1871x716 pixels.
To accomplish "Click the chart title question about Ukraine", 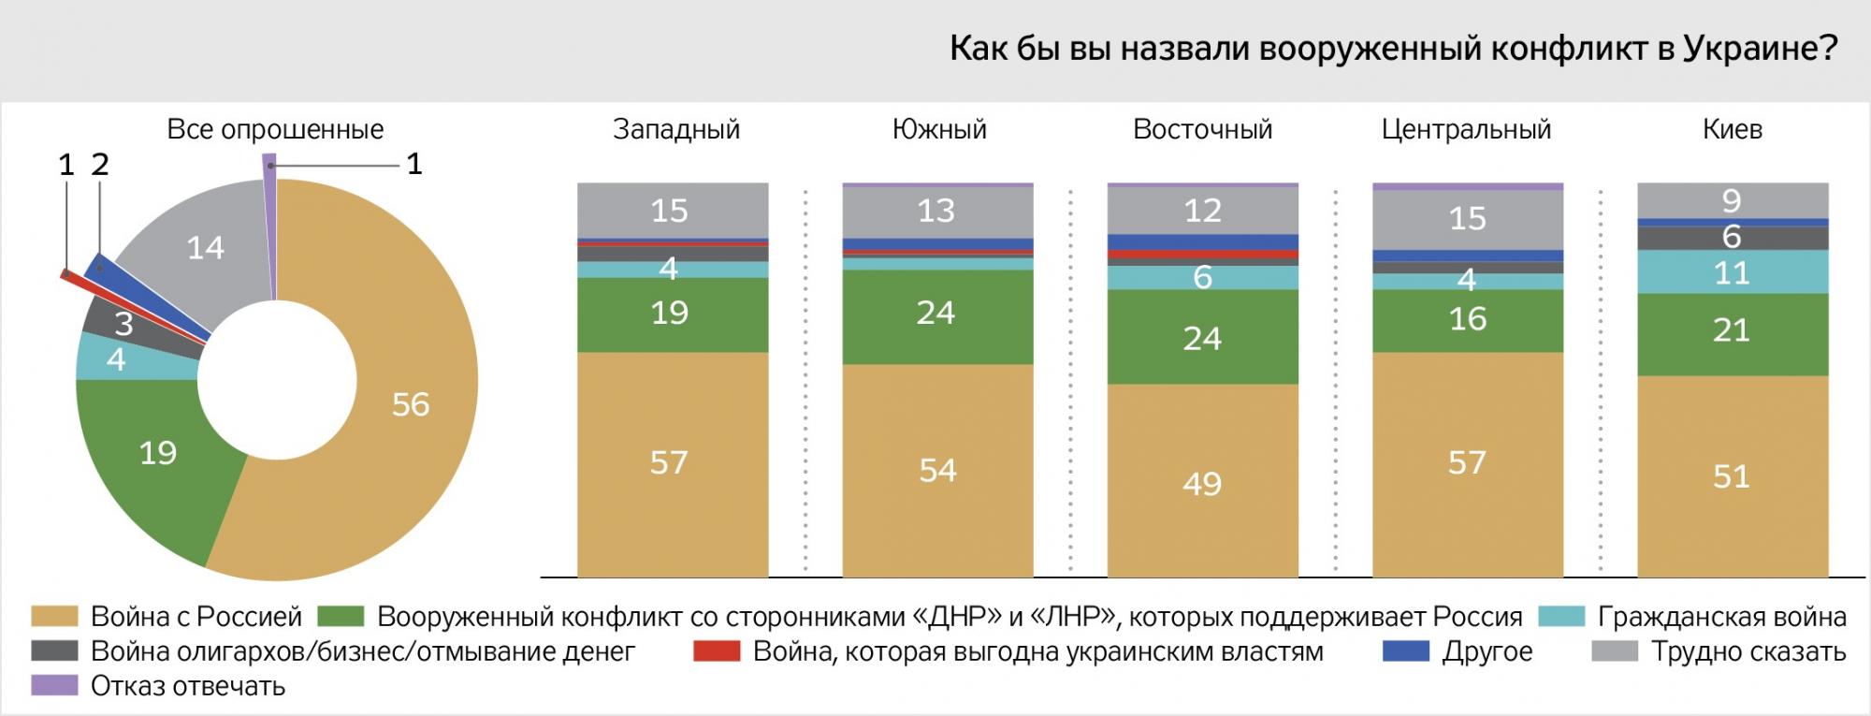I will (x=1393, y=49).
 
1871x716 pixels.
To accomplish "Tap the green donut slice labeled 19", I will (x=158, y=453).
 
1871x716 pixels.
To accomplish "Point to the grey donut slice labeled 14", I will (x=205, y=248).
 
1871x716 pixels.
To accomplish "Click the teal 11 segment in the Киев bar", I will (x=1732, y=272).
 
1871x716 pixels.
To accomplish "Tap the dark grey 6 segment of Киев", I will (x=1732, y=238).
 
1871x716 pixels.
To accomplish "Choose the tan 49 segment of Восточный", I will (x=1202, y=482).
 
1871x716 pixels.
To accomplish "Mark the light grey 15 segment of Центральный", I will (x=1467, y=218).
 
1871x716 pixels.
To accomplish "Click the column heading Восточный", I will (x=1202, y=129).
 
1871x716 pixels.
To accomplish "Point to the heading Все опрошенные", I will (x=275, y=129).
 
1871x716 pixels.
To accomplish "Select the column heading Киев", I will (x=1732, y=129).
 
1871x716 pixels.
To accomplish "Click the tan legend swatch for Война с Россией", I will (x=53, y=617).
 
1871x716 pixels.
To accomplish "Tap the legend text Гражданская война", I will (x=1721, y=617).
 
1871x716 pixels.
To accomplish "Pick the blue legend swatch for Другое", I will (x=1406, y=651).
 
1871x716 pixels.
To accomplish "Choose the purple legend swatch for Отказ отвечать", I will (x=53, y=686).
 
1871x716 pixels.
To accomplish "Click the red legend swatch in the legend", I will (x=716, y=651).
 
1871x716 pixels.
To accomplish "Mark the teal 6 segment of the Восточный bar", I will (x=1202, y=278).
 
